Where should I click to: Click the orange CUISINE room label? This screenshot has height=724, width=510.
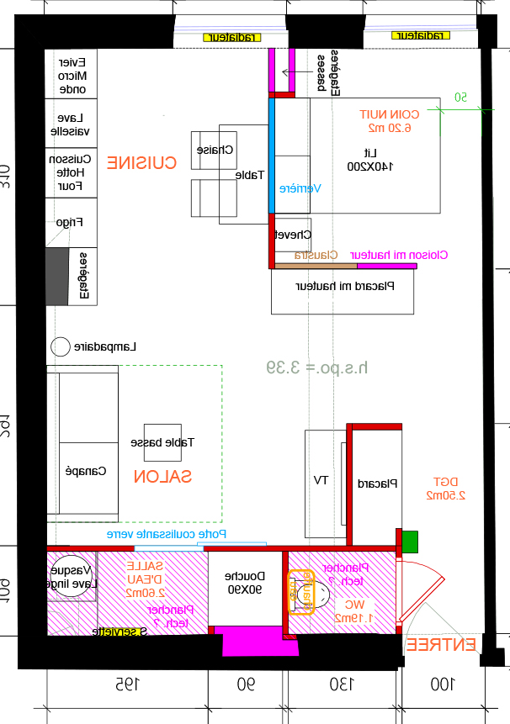(x=141, y=163)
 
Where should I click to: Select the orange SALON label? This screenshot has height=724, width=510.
(x=162, y=477)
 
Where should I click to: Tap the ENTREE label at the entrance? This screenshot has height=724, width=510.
(x=440, y=645)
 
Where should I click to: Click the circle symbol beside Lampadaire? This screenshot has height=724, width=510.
(x=60, y=346)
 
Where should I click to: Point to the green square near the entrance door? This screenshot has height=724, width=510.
(x=410, y=542)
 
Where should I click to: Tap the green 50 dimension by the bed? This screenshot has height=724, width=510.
(x=460, y=98)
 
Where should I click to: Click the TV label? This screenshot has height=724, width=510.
(x=320, y=480)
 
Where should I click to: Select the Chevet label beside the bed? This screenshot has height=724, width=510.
(x=294, y=235)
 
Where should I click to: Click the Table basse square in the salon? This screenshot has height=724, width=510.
(x=162, y=442)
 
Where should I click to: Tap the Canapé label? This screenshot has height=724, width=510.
(x=86, y=472)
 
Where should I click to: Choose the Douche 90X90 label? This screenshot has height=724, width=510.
(x=245, y=583)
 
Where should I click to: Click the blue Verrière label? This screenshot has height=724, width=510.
(x=300, y=189)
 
